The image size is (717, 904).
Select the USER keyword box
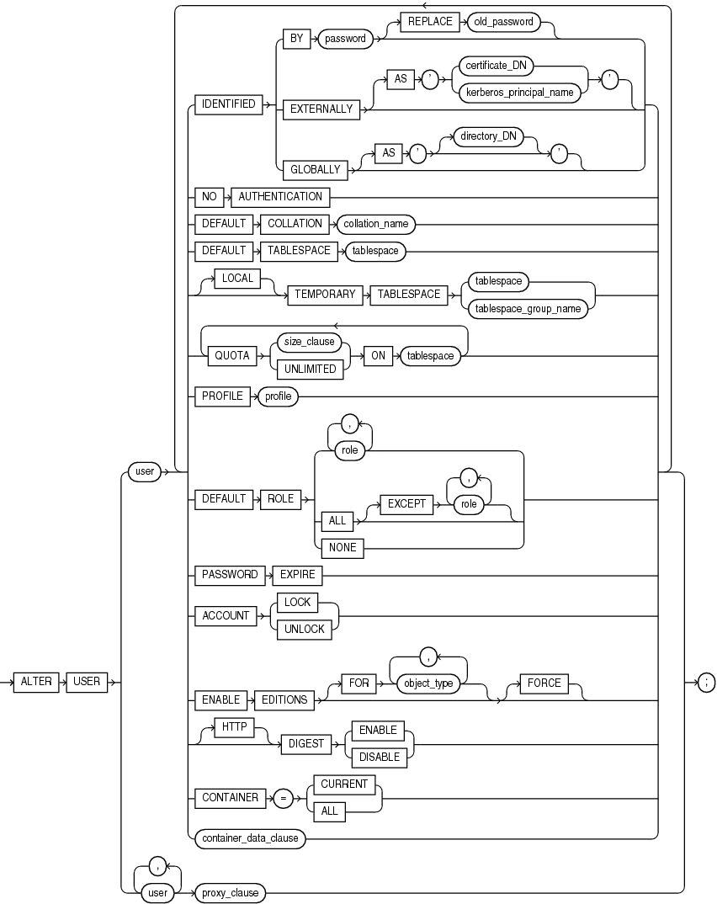pyautogui.click(x=87, y=683)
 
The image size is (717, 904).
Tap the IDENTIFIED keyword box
pyautogui.click(x=225, y=104)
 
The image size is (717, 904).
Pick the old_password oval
pyautogui.click(x=502, y=22)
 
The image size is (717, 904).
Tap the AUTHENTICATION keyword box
pyautogui.click(x=280, y=196)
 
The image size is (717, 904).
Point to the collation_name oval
pyautogui.click(x=376, y=224)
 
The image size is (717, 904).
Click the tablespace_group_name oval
pyautogui.click(x=528, y=308)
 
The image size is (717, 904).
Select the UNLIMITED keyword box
pyautogui.click(x=310, y=369)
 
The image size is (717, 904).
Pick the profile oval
pyautogui.click(x=278, y=396)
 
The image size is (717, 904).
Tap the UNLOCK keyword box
pyautogui.click(x=304, y=629)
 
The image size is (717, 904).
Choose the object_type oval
pyautogui.click(x=428, y=683)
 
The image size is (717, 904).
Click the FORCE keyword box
pyautogui.click(x=544, y=683)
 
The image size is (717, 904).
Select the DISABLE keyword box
pyautogui.click(x=380, y=757)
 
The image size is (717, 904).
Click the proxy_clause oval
pyautogui.click(x=228, y=891)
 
